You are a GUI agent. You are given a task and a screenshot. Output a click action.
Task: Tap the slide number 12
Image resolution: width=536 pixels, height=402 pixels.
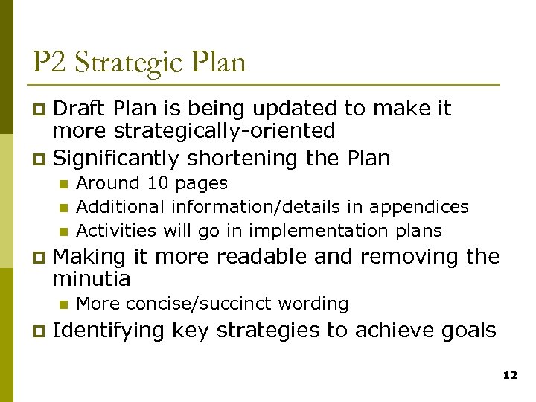pyautogui.click(x=510, y=376)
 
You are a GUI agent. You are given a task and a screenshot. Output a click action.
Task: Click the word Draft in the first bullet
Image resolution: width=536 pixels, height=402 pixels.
pyautogui.click(x=82, y=109)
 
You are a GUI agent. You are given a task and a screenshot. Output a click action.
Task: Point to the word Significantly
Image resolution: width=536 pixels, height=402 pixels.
pyautogui.click(x=116, y=159)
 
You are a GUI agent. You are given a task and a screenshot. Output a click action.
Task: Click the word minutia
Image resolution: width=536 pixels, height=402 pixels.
pyautogui.click(x=92, y=279)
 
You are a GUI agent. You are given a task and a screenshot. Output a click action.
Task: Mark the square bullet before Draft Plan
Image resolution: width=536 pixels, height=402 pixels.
pyautogui.click(x=40, y=110)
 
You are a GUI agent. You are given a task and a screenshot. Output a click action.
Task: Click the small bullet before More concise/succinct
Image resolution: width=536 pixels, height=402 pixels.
pyautogui.click(x=63, y=304)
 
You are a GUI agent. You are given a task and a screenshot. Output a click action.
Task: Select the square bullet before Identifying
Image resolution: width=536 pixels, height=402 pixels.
pyautogui.click(x=40, y=331)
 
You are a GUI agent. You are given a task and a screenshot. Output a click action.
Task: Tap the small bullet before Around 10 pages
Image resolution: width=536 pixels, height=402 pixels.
pyautogui.click(x=63, y=184)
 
